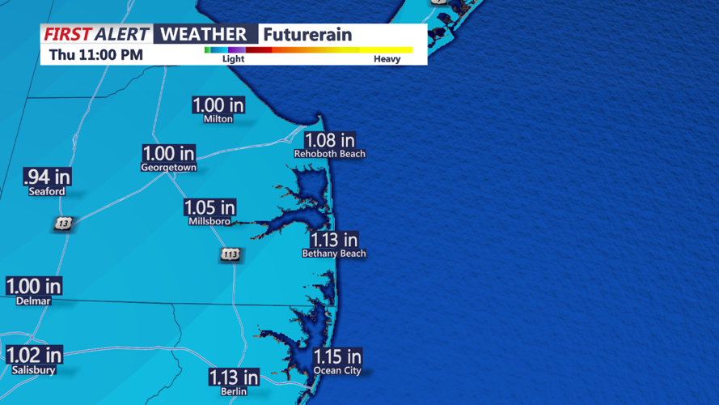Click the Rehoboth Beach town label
click(x=329, y=154)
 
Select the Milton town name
click(x=218, y=118)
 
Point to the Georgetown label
click(x=168, y=168)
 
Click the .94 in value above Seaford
click(x=47, y=177)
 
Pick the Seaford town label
click(x=47, y=192)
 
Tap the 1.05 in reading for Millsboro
click(x=209, y=208)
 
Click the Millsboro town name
click(x=209, y=221)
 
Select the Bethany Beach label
click(x=334, y=254)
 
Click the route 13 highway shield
click(x=63, y=224)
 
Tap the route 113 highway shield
click(x=231, y=255)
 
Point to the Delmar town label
click(x=33, y=301)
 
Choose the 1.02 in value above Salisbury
click(x=34, y=356)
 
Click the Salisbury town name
click(x=34, y=370)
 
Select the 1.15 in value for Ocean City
click(x=337, y=357)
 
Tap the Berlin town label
click(x=235, y=392)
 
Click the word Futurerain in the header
click(x=307, y=35)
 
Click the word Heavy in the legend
click(x=387, y=59)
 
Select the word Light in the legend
click(x=233, y=59)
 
